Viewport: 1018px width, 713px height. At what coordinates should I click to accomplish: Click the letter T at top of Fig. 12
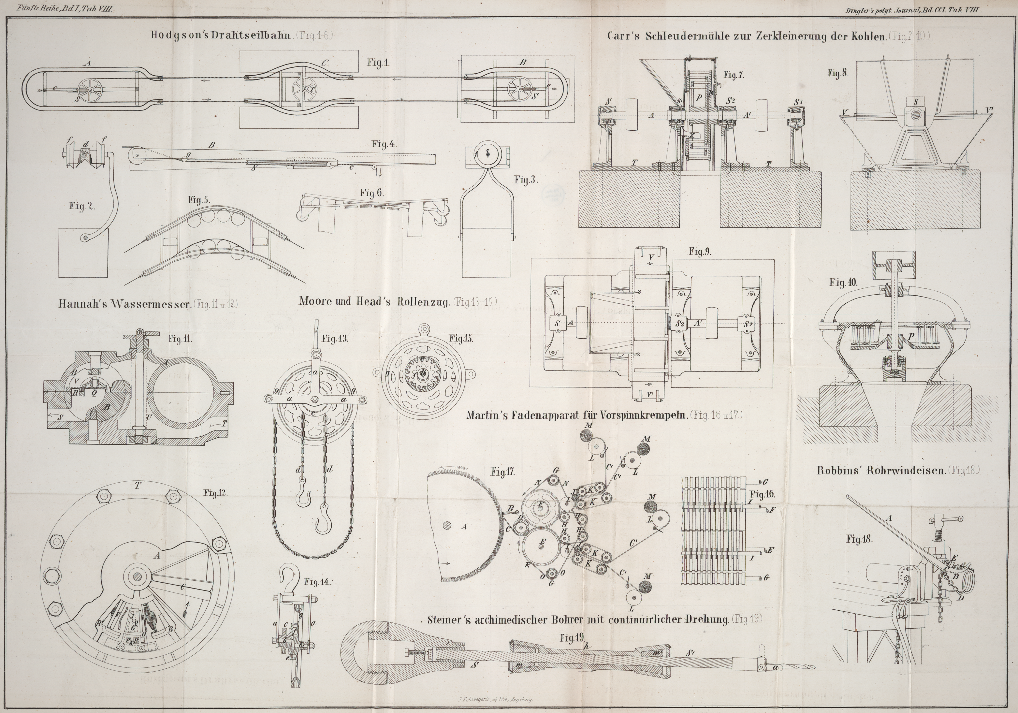[x=138, y=486]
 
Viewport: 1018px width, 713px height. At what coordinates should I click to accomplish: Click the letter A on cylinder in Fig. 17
[x=464, y=527]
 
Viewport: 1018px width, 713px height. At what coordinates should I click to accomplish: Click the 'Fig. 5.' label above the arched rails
[x=199, y=200]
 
